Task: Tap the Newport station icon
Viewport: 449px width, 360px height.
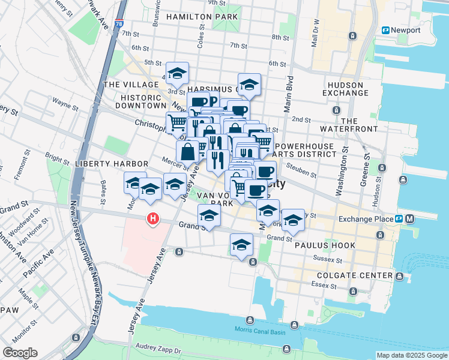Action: click(x=386, y=30)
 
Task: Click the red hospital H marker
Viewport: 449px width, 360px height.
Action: click(x=154, y=219)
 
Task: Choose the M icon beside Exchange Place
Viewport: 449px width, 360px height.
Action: click(x=410, y=219)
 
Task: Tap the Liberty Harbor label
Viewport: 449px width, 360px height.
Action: click(x=112, y=163)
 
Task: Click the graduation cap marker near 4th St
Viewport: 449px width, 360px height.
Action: click(x=177, y=74)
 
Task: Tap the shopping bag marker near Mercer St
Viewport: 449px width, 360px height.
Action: click(x=188, y=151)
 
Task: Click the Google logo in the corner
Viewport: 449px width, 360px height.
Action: click(x=20, y=353)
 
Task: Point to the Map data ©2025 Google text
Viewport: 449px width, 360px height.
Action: click(x=411, y=355)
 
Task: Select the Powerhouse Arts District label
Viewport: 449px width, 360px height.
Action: click(x=304, y=150)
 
